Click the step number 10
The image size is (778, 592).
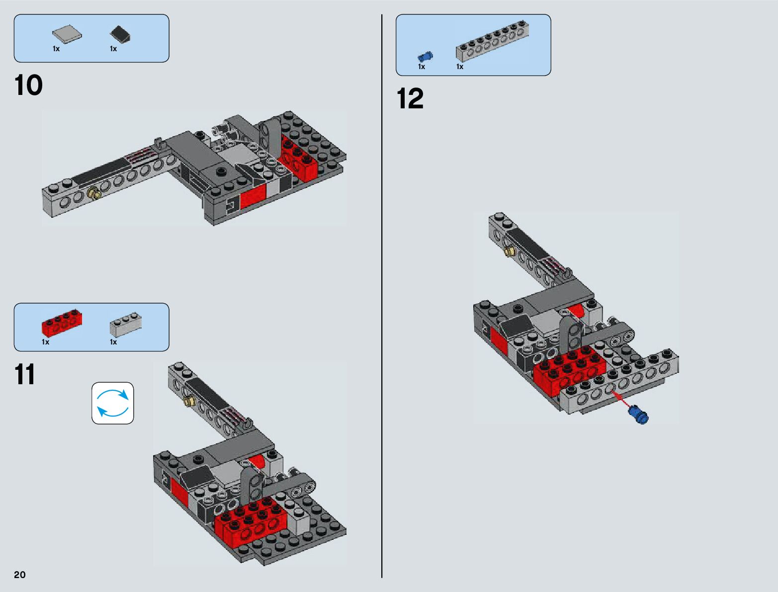pyautogui.click(x=28, y=85)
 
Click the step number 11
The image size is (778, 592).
pyautogui.click(x=25, y=374)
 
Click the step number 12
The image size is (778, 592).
pyautogui.click(x=410, y=98)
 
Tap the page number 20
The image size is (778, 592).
pyautogui.click(x=20, y=575)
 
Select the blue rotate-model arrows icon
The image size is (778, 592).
pyautogui.click(x=113, y=403)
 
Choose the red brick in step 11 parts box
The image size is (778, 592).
pyautogui.click(x=62, y=323)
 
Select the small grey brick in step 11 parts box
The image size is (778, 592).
pyautogui.click(x=126, y=324)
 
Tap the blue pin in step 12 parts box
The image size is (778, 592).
pyautogui.click(x=426, y=56)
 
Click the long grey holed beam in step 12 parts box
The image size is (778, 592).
pyautogui.click(x=492, y=41)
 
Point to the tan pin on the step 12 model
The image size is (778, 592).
pyautogui.click(x=510, y=252)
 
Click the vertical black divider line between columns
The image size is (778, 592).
pyautogui.click(x=382, y=296)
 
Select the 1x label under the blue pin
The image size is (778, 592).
pyautogui.click(x=422, y=67)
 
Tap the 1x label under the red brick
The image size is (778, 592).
pyautogui.click(x=45, y=342)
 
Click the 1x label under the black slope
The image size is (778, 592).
pyautogui.click(x=113, y=49)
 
